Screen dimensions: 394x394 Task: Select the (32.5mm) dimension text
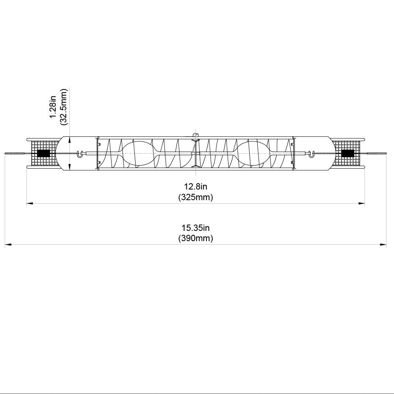[x=63, y=106]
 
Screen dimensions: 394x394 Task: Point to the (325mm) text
[x=195, y=197]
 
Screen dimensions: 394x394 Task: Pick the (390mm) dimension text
[x=195, y=238]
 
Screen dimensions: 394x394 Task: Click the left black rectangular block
[x=43, y=154]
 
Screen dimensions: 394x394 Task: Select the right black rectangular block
[x=347, y=154]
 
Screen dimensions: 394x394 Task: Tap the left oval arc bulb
[x=138, y=154]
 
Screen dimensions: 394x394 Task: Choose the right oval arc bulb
[x=252, y=154]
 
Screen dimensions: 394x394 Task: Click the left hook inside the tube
[x=80, y=154]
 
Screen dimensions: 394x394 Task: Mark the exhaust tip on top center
[x=195, y=135]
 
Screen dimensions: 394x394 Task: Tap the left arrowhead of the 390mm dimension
[x=7, y=245]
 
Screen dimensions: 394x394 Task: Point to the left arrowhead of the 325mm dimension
[x=29, y=204]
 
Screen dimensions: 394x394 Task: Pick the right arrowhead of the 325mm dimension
[x=361, y=204]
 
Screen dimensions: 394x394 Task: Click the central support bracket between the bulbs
[x=195, y=154]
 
